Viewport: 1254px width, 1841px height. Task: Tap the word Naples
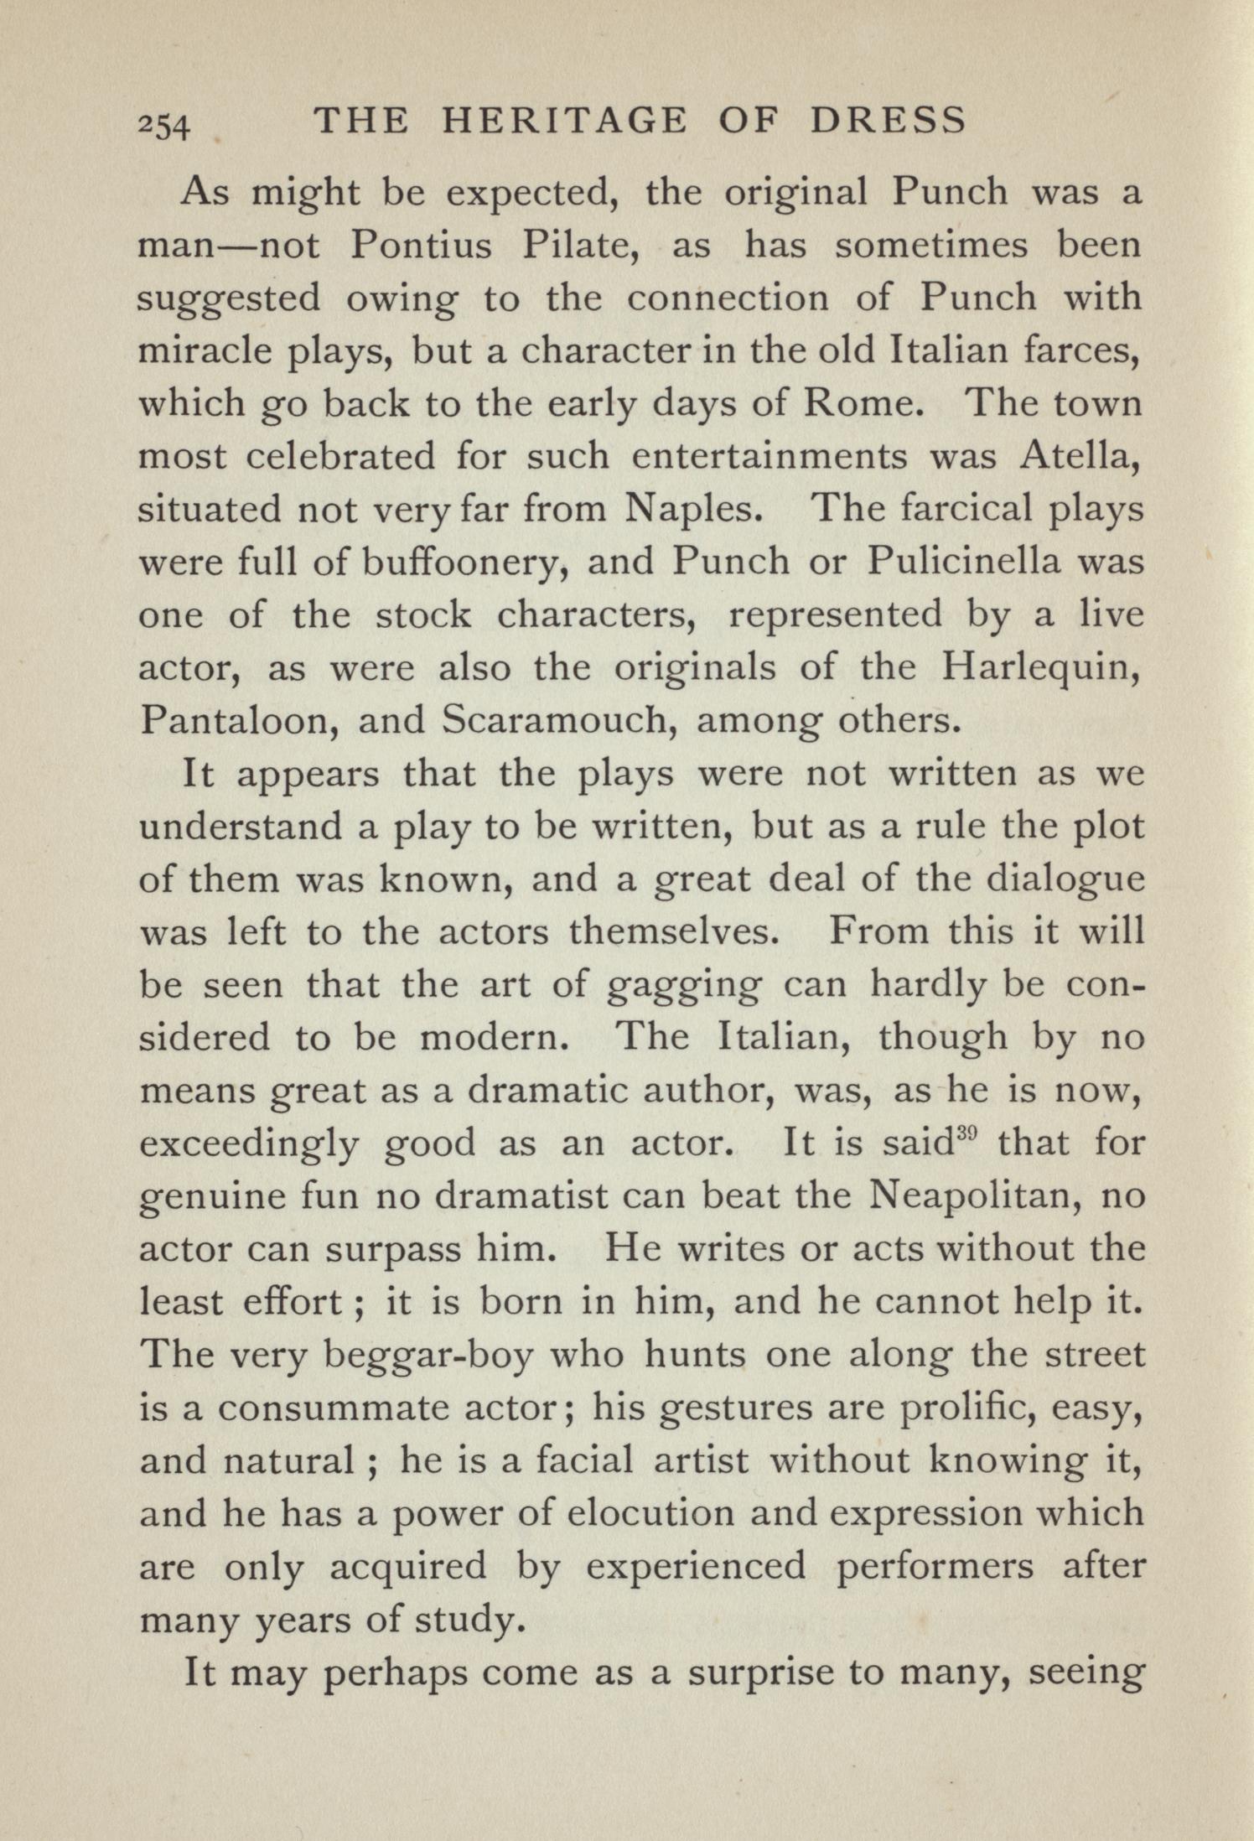click(693, 511)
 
